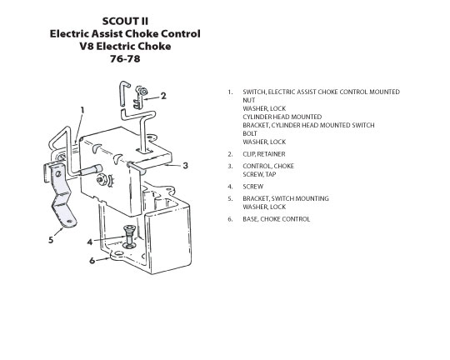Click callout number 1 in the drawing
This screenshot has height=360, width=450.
point(82,111)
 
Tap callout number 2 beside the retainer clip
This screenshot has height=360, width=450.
point(163,96)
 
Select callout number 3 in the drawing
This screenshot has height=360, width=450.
point(185,166)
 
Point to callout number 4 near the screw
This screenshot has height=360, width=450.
point(90,242)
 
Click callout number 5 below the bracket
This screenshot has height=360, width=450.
point(51,240)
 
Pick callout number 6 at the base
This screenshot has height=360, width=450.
point(92,261)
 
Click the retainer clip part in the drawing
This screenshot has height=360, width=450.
point(140,97)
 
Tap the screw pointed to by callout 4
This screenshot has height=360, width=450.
point(129,237)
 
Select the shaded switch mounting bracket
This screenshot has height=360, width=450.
point(60,194)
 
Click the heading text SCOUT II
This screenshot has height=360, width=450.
point(125,21)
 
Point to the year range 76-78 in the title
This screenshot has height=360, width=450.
point(125,59)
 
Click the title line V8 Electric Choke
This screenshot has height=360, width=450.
point(125,46)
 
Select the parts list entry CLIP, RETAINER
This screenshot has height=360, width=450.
point(264,154)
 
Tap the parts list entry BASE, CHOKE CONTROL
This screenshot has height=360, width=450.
point(277,219)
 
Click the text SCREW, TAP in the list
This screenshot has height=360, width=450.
point(259,174)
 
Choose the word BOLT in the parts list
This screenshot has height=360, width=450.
point(250,133)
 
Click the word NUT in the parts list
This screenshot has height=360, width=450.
point(249,100)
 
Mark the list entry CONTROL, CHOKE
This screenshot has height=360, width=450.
point(268,166)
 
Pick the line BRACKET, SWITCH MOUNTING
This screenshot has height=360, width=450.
point(286,198)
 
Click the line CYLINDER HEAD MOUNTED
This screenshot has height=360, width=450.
point(282,117)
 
